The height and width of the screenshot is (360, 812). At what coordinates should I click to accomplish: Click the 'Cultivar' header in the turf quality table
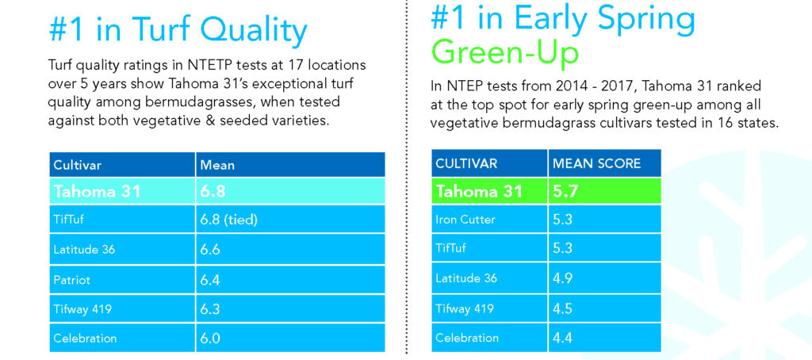tap(77, 165)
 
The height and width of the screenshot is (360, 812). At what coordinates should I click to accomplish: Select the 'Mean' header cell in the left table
tap(216, 165)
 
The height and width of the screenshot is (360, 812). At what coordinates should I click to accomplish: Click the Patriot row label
tap(72, 280)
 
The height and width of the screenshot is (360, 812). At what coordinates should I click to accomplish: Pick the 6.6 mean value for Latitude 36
tap(211, 250)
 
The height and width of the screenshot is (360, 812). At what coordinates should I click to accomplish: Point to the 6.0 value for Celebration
tap(211, 339)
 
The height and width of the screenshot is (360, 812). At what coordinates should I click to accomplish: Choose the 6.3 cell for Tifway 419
tap(211, 309)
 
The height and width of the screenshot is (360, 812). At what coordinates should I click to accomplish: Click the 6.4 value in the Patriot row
tap(211, 280)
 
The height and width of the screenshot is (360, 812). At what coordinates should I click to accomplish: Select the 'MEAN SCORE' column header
tap(596, 163)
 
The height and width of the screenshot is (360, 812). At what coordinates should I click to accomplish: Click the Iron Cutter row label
tap(465, 220)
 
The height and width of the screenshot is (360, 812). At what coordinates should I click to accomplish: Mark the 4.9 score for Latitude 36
tap(562, 278)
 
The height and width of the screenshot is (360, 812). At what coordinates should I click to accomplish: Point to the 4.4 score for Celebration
tap(562, 338)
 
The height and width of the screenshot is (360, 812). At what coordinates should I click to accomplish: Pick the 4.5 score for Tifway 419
tap(562, 308)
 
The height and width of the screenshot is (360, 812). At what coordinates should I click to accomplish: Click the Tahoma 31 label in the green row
tap(480, 192)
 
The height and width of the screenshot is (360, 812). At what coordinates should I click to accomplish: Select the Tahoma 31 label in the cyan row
tap(97, 191)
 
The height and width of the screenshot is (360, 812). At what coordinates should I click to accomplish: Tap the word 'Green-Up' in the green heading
tap(504, 52)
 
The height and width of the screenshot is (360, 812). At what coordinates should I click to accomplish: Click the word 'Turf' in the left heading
tap(156, 30)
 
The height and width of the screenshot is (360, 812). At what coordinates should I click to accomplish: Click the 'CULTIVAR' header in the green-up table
tap(466, 163)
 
